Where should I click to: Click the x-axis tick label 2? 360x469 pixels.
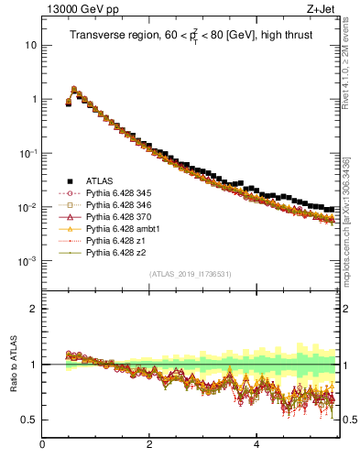click(x=150, y=446)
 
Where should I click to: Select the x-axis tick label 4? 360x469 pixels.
click(x=257, y=446)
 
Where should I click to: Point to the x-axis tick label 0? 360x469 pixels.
click(x=43, y=446)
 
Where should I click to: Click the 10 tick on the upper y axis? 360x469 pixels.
click(x=32, y=45)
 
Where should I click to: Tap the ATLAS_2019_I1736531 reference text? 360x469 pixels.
click(x=189, y=274)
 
